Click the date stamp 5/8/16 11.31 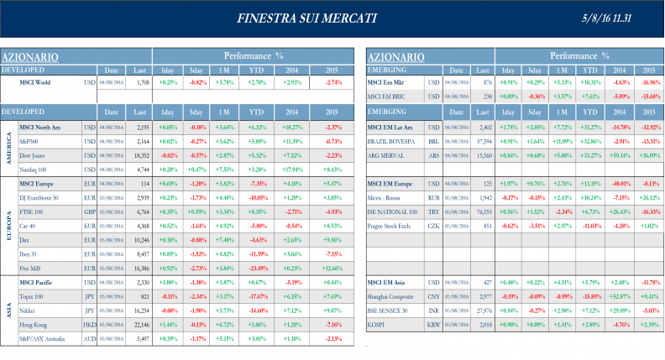coord(623,18)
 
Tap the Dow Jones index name coord(32,155)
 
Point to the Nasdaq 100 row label coord(34,169)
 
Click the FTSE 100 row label coord(31,212)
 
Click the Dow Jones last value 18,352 coord(142,155)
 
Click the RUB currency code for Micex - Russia coord(434,199)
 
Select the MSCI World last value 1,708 coord(142,82)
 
